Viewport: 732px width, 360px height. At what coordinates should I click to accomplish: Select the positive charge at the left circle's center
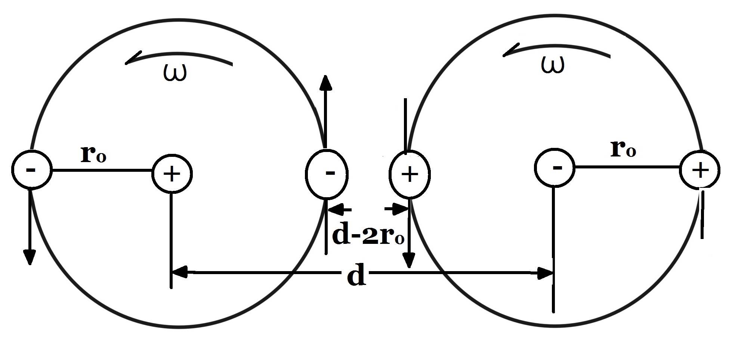[x=172, y=174]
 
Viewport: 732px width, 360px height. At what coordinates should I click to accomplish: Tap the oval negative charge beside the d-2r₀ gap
[x=327, y=174]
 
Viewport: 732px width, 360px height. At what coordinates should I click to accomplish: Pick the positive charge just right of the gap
[x=410, y=174]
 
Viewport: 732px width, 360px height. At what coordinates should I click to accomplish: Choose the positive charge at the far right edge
[x=700, y=170]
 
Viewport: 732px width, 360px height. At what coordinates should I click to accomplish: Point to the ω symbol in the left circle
[x=175, y=72]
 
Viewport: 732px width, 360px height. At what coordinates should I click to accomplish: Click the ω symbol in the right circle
[x=553, y=65]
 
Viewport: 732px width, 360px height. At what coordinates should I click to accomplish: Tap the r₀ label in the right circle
[x=623, y=149]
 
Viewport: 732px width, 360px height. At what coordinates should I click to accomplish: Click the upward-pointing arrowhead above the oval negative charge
[x=326, y=83]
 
